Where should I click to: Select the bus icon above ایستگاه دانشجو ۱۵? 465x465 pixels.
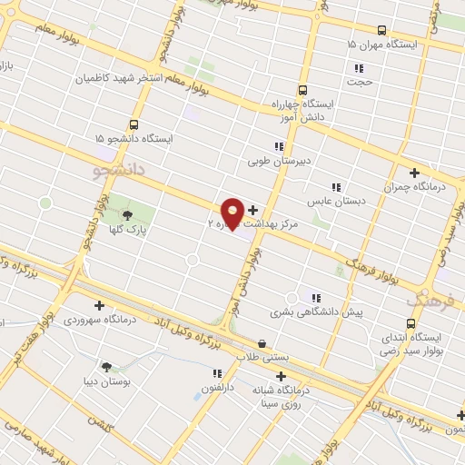134,124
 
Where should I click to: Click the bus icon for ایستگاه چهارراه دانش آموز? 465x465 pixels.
302,90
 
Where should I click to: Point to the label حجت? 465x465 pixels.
362,82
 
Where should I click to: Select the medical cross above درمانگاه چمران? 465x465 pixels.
414,172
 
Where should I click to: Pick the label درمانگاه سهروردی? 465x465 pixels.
100,320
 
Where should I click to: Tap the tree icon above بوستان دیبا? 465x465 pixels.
107,367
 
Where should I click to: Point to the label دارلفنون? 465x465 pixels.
217,387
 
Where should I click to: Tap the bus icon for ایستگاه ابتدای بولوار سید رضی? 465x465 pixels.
413,322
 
